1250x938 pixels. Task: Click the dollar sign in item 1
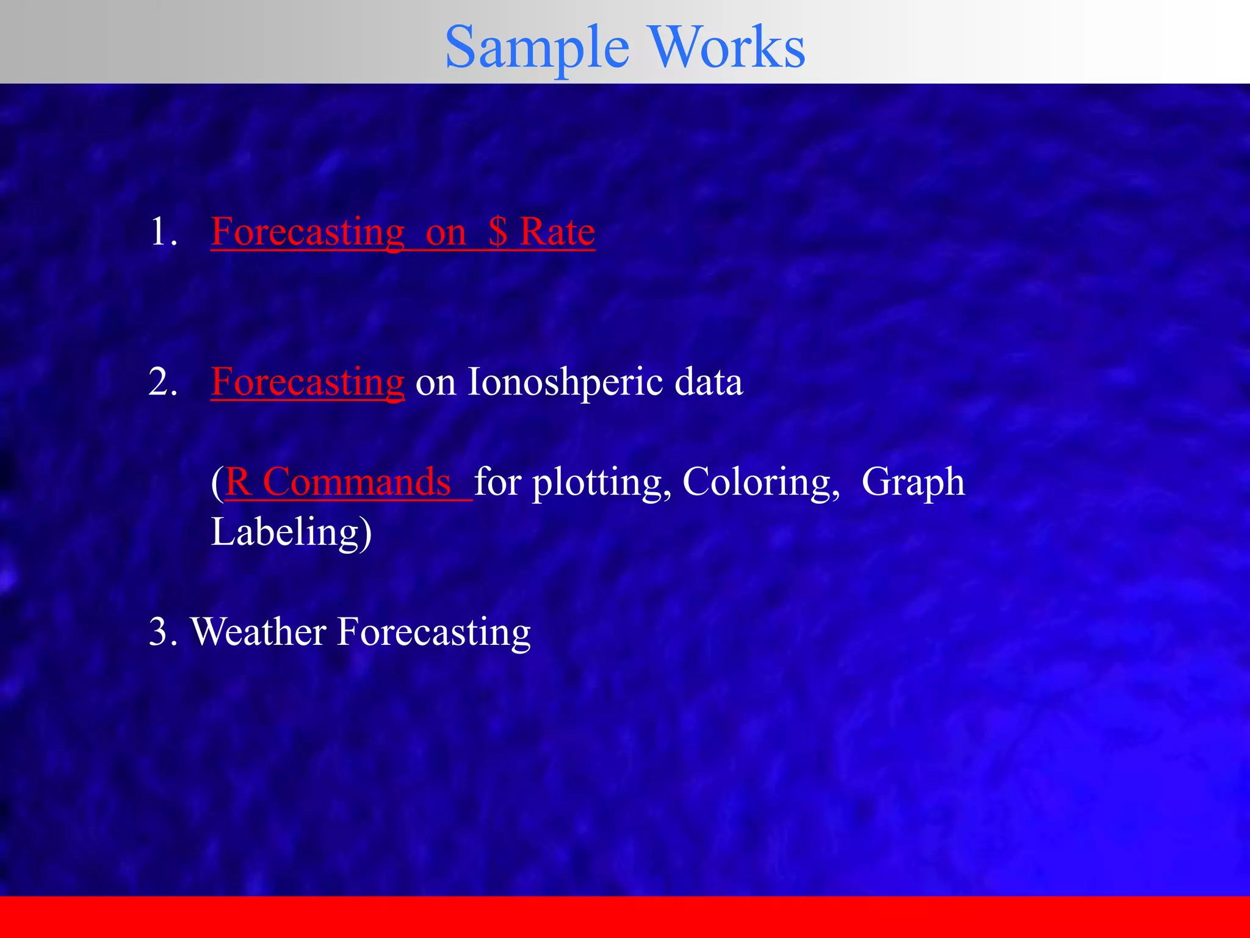click(x=498, y=232)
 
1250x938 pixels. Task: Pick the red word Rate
click(x=557, y=232)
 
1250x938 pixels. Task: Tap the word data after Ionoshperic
click(x=709, y=382)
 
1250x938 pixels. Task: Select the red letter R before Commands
click(x=238, y=482)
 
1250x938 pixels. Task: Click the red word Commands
click(x=357, y=482)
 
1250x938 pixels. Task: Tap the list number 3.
click(x=162, y=632)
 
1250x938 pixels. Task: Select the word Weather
click(x=258, y=632)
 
